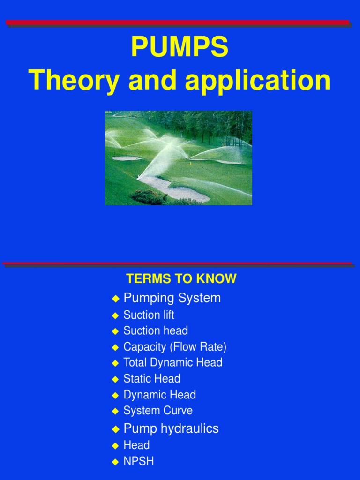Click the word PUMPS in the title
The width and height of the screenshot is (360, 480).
[180, 48]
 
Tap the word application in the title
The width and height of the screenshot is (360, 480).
[258, 81]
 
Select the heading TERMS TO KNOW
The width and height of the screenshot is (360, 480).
[181, 279]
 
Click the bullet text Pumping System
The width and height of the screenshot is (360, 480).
[172, 298]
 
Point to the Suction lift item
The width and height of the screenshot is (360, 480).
[149, 315]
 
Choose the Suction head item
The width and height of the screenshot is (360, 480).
[156, 330]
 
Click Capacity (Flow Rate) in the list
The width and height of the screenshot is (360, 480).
[175, 347]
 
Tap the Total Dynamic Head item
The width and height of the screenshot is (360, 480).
[172, 362]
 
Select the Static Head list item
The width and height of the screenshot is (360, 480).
[152, 378]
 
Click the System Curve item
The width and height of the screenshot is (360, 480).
[158, 411]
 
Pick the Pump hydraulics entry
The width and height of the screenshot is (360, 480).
[171, 428]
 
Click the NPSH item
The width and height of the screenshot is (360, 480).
[138, 461]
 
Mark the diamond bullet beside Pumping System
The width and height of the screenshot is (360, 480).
[115, 299]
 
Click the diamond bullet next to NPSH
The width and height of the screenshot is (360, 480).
[115, 462]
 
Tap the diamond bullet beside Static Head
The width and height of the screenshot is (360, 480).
[115, 379]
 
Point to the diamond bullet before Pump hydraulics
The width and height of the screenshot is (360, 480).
[115, 429]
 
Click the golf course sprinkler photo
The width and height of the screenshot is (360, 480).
[178, 157]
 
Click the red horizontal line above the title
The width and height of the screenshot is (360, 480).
[178, 22]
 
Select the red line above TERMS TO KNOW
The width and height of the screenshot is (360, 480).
[178, 263]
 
